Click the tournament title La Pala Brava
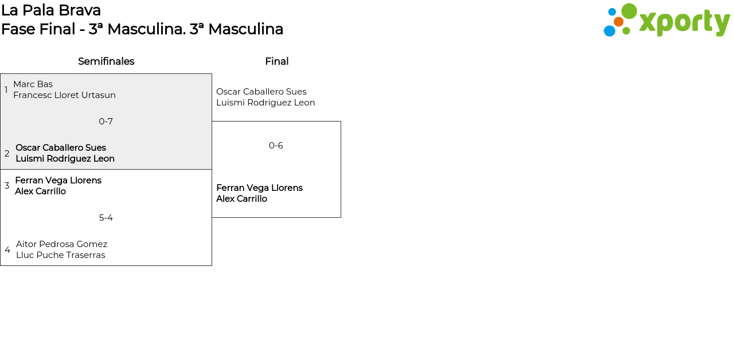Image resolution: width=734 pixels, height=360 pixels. click(51, 10)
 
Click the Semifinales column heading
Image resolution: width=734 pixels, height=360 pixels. click(106, 61)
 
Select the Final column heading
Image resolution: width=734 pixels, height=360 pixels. click(276, 61)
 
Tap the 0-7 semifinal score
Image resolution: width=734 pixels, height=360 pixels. click(106, 122)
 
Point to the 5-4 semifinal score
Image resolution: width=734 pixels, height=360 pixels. click(106, 218)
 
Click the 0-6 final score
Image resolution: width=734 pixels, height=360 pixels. click(276, 146)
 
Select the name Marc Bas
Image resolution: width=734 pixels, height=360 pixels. click(33, 84)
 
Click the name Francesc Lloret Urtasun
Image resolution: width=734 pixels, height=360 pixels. click(64, 95)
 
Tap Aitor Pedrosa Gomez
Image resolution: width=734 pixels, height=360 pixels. click(61, 244)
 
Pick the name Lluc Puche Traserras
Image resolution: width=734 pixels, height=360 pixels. click(60, 255)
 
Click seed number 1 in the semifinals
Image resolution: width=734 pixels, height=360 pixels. click(6, 90)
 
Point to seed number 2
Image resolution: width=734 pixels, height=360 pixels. click(7, 154)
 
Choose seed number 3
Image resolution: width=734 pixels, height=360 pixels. click(7, 186)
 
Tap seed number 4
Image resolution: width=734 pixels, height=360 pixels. click(7, 250)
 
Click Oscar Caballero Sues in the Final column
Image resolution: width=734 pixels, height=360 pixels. click(261, 92)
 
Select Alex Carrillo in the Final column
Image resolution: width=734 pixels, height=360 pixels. click(241, 199)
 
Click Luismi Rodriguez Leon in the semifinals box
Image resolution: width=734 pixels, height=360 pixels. click(65, 159)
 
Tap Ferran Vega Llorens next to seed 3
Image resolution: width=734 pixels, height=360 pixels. click(58, 181)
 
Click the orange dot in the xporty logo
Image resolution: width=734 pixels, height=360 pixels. click(618, 22)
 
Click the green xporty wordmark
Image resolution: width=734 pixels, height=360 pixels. click(684, 22)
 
